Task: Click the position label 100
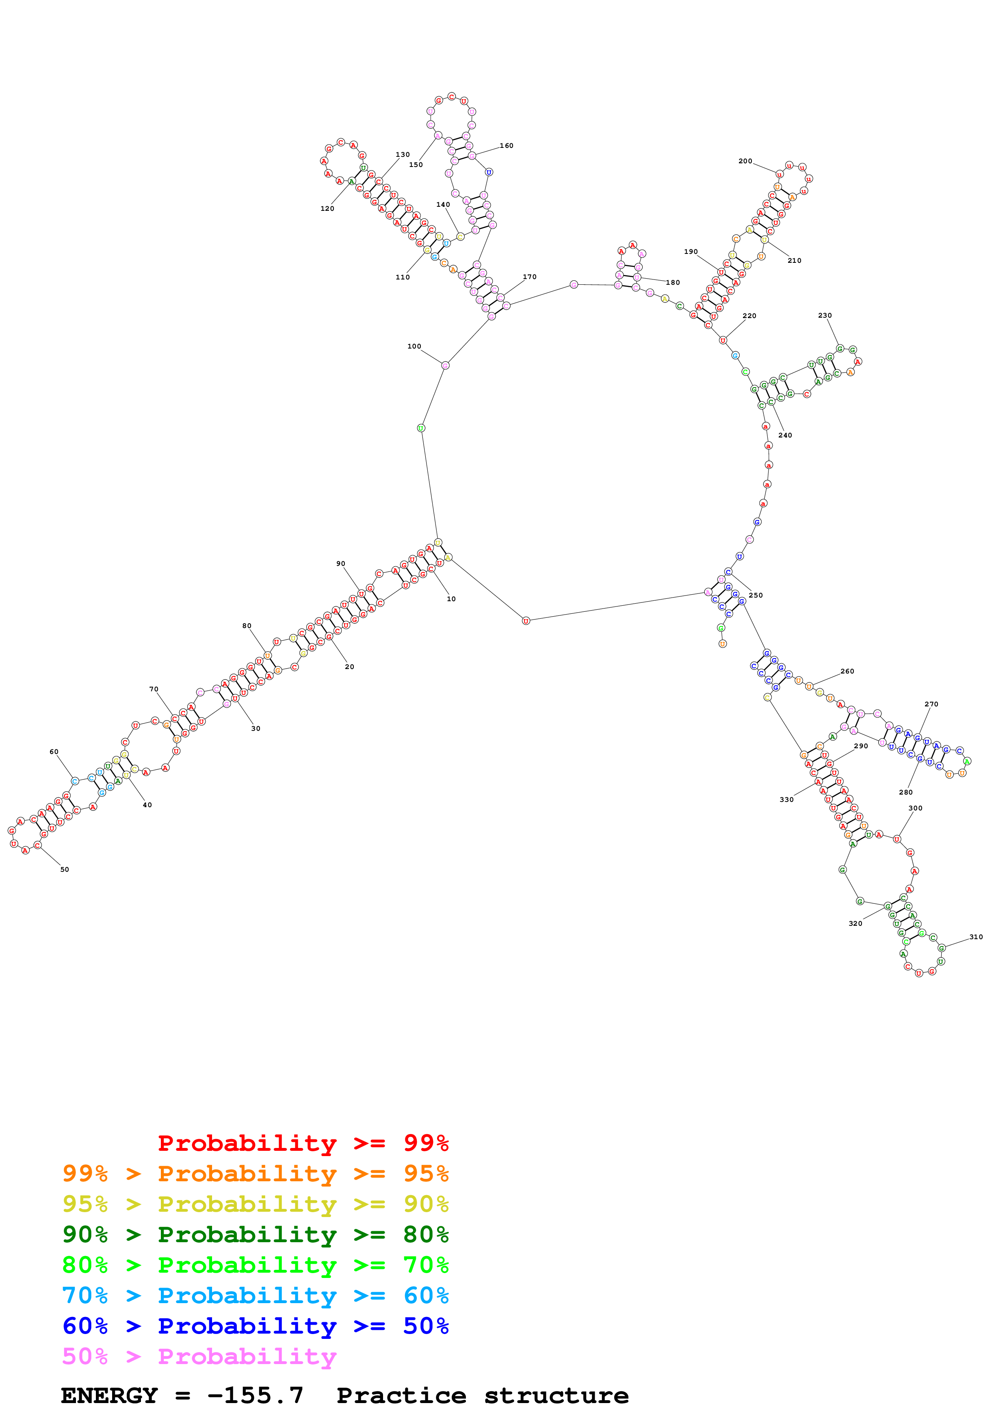(x=414, y=347)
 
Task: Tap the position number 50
(x=65, y=870)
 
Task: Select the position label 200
(x=745, y=161)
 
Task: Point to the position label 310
(x=976, y=937)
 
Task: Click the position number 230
(x=825, y=315)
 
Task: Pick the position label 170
(x=529, y=277)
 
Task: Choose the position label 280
(x=906, y=792)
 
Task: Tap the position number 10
(x=451, y=599)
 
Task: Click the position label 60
(x=54, y=751)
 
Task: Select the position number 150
(x=416, y=165)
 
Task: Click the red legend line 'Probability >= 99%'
(x=303, y=1143)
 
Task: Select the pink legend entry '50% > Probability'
(x=199, y=1357)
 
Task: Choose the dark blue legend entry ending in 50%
(x=255, y=1326)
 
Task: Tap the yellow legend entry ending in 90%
(x=255, y=1204)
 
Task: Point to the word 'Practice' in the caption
(x=401, y=1396)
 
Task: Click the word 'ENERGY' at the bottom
(x=109, y=1396)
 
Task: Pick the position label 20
(x=349, y=667)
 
